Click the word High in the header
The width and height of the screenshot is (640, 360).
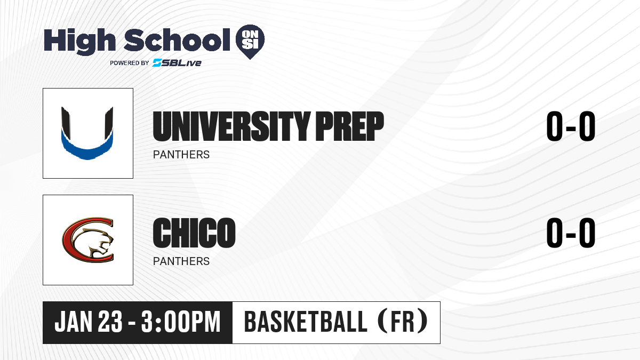[80, 42]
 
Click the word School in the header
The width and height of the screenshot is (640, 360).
[177, 40]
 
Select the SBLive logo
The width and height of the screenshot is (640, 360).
[177, 63]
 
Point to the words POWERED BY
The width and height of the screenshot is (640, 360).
[130, 63]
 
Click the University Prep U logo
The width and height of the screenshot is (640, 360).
[87, 133]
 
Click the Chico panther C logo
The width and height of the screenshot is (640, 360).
[88, 240]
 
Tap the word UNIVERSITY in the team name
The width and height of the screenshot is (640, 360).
[231, 126]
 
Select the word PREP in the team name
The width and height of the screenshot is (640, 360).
[350, 126]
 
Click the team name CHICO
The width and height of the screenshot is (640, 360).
[194, 233]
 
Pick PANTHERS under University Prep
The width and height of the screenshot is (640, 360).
[181, 155]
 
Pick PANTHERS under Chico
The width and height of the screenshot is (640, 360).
[181, 261]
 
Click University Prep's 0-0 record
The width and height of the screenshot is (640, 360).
[571, 126]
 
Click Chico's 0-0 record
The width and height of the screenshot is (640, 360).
[571, 233]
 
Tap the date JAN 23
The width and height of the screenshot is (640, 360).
[89, 322]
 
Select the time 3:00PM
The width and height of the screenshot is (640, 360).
[181, 322]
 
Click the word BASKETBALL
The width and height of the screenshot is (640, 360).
[306, 322]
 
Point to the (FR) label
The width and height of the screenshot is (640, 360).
[403, 322]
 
